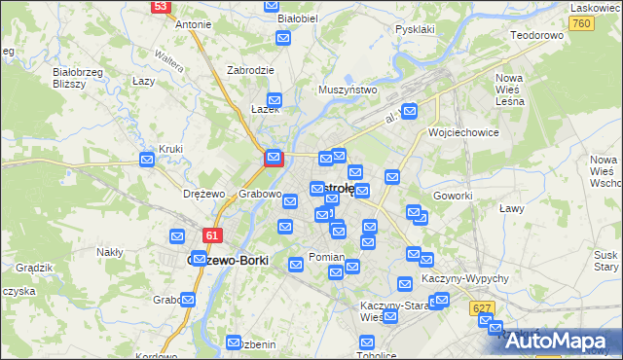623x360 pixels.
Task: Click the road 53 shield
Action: click(x=161, y=6)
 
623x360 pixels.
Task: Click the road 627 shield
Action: click(x=480, y=307)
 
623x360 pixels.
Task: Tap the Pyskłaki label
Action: click(x=415, y=29)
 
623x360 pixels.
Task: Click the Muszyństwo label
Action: click(x=348, y=90)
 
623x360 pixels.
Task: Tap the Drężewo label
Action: click(x=202, y=194)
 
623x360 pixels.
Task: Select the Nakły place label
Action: click(x=110, y=252)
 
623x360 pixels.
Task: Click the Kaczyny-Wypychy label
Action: click(x=465, y=278)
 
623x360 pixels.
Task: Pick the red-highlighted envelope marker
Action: click(x=275, y=156)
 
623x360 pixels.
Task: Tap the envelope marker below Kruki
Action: click(x=147, y=160)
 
